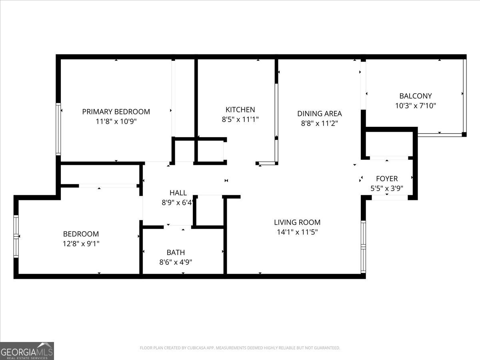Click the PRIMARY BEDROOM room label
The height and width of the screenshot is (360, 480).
click(116, 112)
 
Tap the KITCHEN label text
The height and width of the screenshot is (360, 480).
click(240, 110)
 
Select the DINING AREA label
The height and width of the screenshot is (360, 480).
click(319, 114)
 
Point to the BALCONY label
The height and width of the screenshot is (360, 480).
click(416, 96)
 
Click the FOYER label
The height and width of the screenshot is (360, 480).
click(387, 178)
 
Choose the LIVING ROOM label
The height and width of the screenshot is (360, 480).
click(297, 222)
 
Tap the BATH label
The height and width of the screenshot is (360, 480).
click(176, 252)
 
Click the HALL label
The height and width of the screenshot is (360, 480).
click(178, 193)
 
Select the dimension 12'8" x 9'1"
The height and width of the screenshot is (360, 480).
click(81, 243)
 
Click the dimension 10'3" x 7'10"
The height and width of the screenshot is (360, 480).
click(416, 106)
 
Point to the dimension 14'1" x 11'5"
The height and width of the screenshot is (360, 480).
click(297, 232)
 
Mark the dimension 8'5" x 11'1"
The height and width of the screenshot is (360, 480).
click(240, 119)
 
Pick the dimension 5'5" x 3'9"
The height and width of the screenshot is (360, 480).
click(387, 188)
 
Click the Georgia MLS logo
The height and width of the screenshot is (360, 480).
click(27, 351)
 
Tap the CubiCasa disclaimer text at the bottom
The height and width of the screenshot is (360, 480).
click(240, 348)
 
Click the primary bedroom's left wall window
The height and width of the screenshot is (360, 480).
click(58, 129)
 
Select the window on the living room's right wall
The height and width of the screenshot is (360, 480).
click(363, 246)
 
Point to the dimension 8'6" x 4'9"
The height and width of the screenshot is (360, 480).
click(176, 262)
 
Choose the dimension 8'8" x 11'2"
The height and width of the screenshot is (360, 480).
click(319, 124)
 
